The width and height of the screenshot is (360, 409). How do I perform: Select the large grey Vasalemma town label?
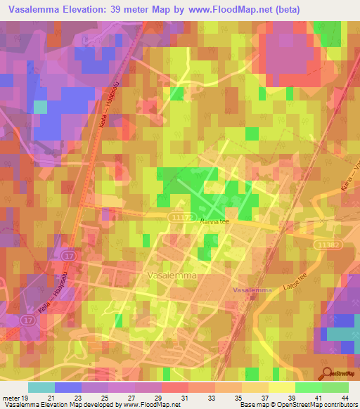(x=173, y=276)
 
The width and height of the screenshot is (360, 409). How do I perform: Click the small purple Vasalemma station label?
(x=252, y=290)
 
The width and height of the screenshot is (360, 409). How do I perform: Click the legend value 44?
(x=345, y=397)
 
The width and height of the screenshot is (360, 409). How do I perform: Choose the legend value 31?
(x=185, y=397)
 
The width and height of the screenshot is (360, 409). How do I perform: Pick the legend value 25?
(x=105, y=397)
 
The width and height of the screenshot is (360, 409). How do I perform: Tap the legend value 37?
(x=265, y=397)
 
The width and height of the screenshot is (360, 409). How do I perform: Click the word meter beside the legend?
(x=10, y=397)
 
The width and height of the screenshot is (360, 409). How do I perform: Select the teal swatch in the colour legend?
(x=41, y=387)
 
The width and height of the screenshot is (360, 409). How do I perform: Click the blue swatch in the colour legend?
(x=68, y=387)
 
